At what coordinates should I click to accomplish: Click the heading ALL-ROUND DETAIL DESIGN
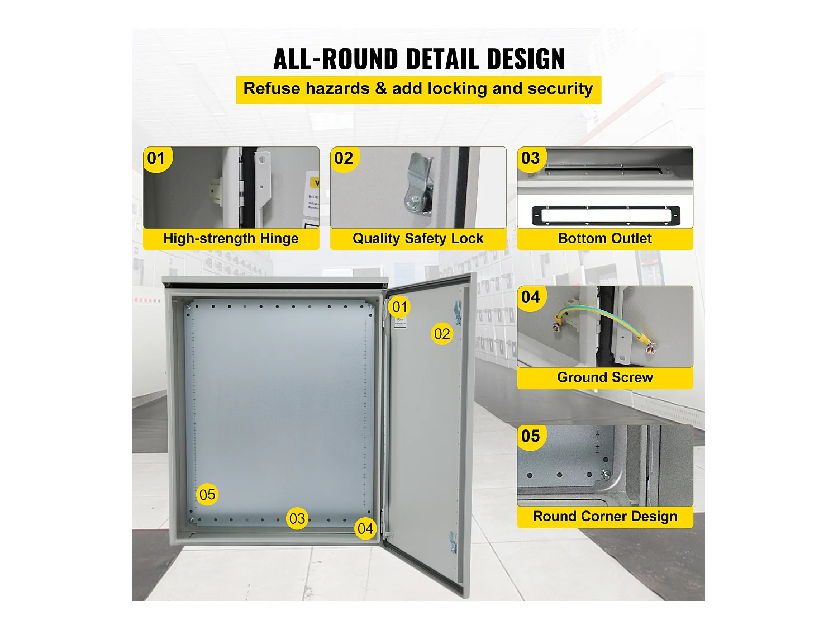[x=418, y=59]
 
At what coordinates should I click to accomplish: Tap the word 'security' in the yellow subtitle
[x=560, y=89]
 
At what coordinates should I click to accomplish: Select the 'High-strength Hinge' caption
[x=231, y=239]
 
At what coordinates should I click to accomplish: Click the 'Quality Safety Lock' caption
[x=418, y=239]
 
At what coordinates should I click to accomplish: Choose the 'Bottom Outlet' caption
[x=604, y=239]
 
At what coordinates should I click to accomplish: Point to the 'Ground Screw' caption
[x=604, y=377]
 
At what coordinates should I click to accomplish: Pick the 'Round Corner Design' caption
[x=604, y=517]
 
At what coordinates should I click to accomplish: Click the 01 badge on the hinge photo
[x=157, y=159]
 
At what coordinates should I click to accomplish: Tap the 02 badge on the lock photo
[x=344, y=159]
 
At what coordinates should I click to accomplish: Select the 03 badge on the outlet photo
[x=531, y=159]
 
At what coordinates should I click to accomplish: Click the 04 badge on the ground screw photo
[x=531, y=297]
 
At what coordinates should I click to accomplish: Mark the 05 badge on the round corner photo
[x=531, y=436]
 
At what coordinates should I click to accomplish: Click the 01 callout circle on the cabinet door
[x=399, y=307]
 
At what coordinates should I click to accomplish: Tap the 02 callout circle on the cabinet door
[x=442, y=334]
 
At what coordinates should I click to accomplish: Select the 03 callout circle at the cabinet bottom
[x=297, y=519]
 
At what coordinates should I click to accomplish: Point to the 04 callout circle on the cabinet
[x=365, y=529]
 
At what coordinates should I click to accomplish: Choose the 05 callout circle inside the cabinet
[x=207, y=495]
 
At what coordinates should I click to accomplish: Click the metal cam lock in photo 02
[x=419, y=185]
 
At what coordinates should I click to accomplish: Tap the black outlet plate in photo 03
[x=606, y=215]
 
